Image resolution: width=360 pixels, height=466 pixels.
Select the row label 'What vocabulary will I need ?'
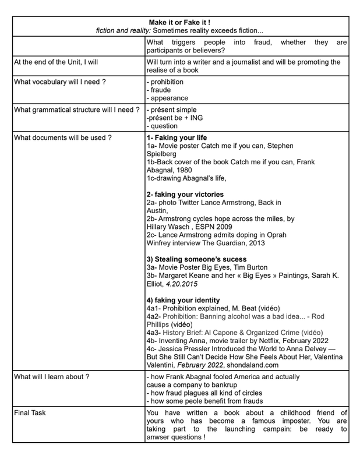coord(60,82)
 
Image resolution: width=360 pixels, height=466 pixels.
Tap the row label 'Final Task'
coord(30,412)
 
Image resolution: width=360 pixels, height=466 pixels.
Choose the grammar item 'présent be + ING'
coord(172,118)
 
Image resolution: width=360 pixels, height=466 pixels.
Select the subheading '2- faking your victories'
coord(185,194)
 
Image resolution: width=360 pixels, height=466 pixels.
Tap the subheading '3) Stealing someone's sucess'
coord(196,259)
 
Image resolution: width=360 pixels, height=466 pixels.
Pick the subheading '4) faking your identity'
coord(183,299)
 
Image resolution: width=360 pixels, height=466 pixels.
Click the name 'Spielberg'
coord(163,154)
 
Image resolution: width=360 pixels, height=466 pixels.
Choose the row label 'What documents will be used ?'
coord(63,138)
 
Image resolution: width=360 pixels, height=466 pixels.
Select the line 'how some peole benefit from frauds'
coord(206,401)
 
